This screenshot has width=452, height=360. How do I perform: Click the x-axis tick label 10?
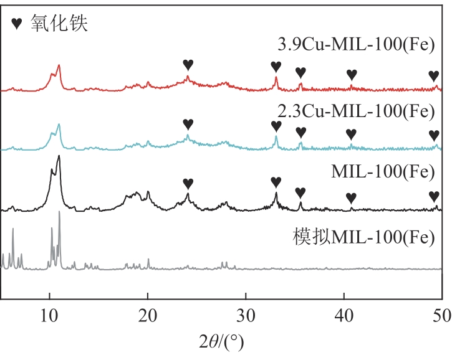[x=49, y=315]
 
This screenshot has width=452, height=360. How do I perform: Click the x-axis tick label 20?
[x=148, y=315]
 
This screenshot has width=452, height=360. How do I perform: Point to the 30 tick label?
[x=246, y=315]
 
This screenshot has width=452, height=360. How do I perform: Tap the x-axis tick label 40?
[x=344, y=315]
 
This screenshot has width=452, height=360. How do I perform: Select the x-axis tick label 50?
[x=441, y=315]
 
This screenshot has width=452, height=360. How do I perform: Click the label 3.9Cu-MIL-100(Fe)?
[x=356, y=45]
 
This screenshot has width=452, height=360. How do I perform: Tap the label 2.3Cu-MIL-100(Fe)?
[x=356, y=112]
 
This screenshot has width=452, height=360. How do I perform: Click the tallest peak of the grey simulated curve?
[x=59, y=212]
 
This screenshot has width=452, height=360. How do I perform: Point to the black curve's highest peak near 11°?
[x=59, y=156]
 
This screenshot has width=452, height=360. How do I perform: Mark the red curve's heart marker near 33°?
[x=276, y=66]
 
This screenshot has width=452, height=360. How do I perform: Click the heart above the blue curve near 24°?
[x=188, y=124]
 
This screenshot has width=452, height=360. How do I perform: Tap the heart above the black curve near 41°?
[x=351, y=197]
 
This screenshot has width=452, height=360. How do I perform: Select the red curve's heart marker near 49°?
[x=434, y=75]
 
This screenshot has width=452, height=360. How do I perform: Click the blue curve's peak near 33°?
[x=276, y=137]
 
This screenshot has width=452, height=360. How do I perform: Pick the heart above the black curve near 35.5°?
[x=300, y=192]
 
